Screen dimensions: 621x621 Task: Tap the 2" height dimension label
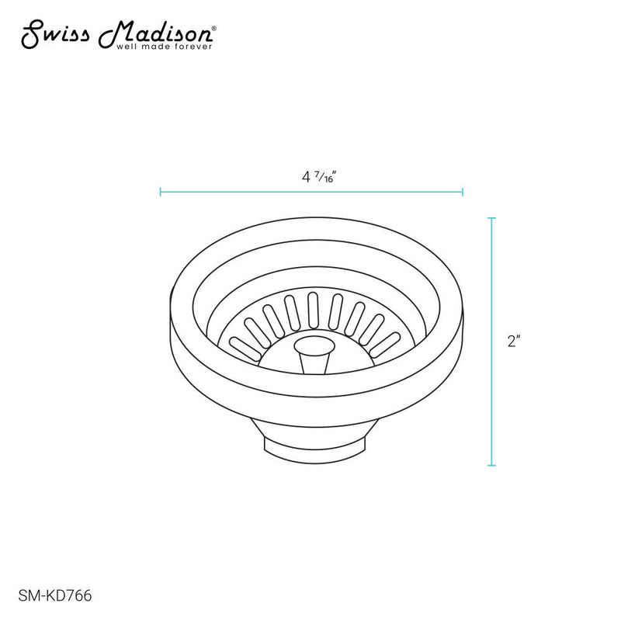click(x=512, y=342)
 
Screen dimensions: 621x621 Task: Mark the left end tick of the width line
click(x=160, y=191)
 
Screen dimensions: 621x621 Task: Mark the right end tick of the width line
click(x=463, y=191)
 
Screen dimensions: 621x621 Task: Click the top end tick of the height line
click(x=491, y=219)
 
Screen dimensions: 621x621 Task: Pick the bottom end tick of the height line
click(x=491, y=466)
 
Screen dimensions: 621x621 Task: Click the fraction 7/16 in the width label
click(x=328, y=177)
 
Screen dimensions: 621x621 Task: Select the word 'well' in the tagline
click(x=125, y=47)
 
